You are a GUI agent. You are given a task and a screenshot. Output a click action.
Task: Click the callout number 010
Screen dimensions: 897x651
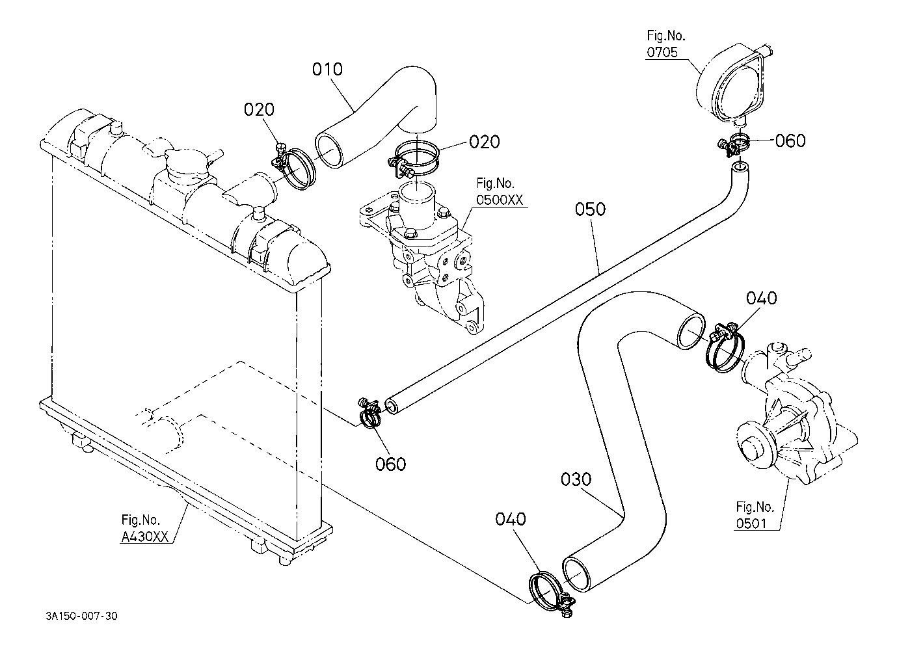pyautogui.click(x=327, y=70)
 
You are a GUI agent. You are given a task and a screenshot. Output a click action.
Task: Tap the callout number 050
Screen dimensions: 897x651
pyautogui.click(x=590, y=209)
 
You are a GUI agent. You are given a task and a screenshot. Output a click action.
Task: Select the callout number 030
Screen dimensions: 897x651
pyautogui.click(x=576, y=479)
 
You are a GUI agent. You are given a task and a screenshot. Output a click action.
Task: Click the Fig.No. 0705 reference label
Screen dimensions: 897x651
pyautogui.click(x=665, y=44)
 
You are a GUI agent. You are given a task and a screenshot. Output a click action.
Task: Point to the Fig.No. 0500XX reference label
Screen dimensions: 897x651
pyautogui.click(x=500, y=191)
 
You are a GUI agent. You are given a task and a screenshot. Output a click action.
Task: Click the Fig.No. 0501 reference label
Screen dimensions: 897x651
pyautogui.click(x=755, y=515)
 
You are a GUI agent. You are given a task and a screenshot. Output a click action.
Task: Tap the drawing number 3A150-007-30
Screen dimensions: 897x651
pyautogui.click(x=81, y=616)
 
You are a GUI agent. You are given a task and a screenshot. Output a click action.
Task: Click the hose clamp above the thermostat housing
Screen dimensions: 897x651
pyautogui.click(x=414, y=158)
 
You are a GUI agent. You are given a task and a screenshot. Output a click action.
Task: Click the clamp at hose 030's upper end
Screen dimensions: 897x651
pyautogui.click(x=724, y=347)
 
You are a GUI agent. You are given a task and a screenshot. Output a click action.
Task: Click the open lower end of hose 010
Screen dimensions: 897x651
pyautogui.click(x=329, y=150)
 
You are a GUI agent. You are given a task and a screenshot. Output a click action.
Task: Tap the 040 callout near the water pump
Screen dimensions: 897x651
pyautogui.click(x=761, y=298)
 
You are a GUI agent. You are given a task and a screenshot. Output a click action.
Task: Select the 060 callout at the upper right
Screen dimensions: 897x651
pyautogui.click(x=790, y=140)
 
